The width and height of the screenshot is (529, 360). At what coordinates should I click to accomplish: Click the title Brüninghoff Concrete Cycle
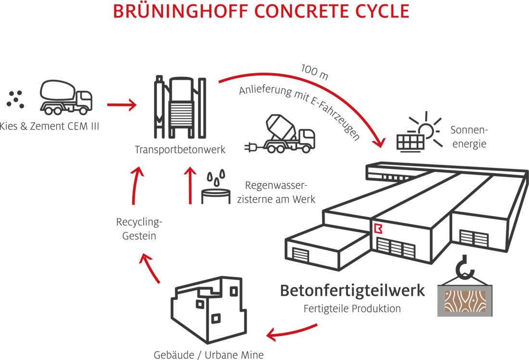pyautogui.click(x=261, y=12)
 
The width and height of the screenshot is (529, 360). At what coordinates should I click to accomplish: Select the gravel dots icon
pyautogui.click(x=15, y=99)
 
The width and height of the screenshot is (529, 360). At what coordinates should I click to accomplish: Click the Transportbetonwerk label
pyautogui.click(x=180, y=150)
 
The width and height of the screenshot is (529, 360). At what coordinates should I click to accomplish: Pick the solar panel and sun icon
pyautogui.click(x=417, y=132)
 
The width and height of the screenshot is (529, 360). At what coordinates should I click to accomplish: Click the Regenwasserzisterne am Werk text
pyautogui.click(x=276, y=193)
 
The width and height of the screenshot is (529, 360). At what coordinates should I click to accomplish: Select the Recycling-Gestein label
pyautogui.click(x=139, y=229)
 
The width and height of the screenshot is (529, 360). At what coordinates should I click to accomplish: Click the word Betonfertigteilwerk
pyautogui.click(x=352, y=291)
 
